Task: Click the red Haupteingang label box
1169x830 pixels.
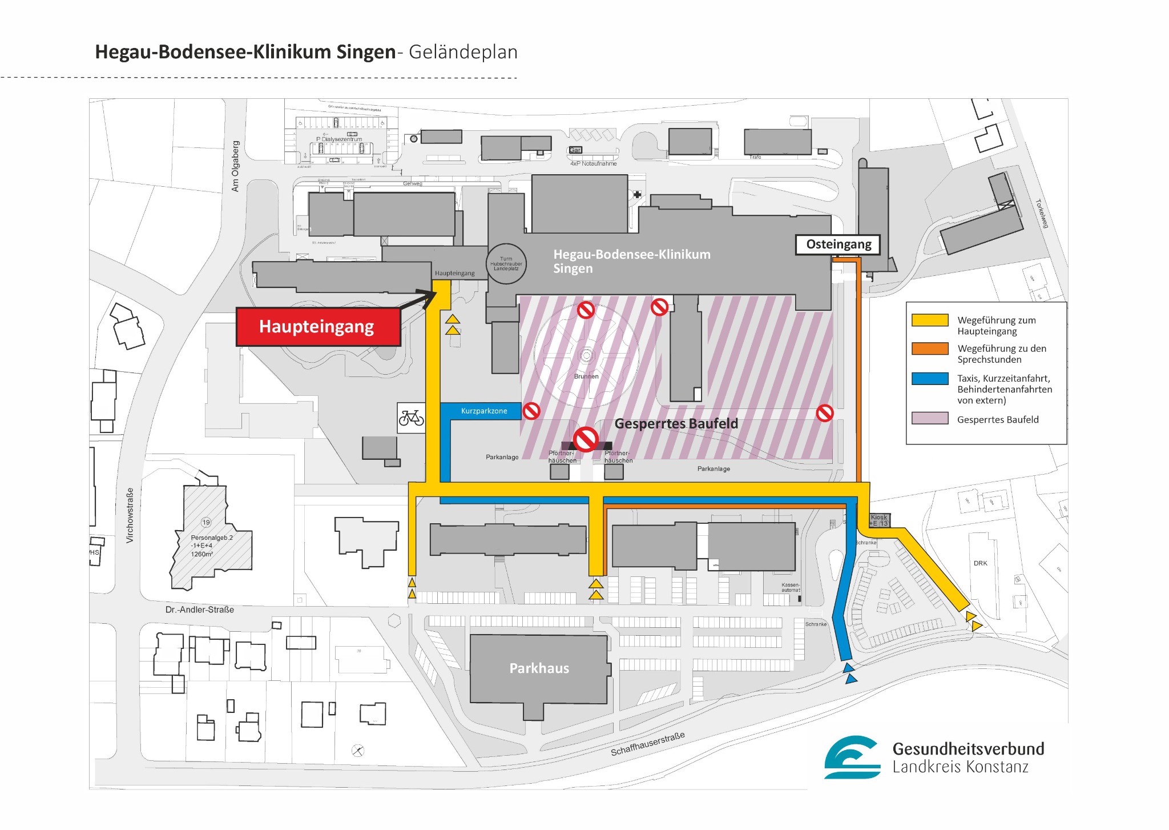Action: tap(318, 327)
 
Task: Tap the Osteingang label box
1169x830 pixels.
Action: tap(838, 244)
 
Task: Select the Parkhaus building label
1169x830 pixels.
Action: tap(539, 668)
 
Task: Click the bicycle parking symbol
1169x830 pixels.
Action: tap(411, 418)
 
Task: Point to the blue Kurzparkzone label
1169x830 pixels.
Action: tap(483, 411)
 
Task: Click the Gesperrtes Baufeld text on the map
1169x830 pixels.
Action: tap(676, 424)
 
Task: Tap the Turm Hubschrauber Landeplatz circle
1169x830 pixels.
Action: tap(506, 264)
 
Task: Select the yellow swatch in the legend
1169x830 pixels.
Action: tap(929, 320)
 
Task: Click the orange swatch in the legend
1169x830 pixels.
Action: tap(929, 348)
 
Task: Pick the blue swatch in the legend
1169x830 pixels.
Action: tap(929, 378)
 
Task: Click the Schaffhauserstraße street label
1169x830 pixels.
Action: tap(647, 744)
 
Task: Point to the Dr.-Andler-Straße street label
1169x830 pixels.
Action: tap(199, 610)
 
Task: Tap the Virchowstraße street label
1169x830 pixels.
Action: tap(130, 515)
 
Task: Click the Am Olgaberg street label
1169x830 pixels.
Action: tap(235, 166)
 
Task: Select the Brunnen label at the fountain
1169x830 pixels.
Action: tap(586, 376)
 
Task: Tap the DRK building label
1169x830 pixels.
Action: tap(980, 563)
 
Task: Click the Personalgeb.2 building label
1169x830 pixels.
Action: tap(211, 538)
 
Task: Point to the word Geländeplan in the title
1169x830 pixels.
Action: tap(463, 52)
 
